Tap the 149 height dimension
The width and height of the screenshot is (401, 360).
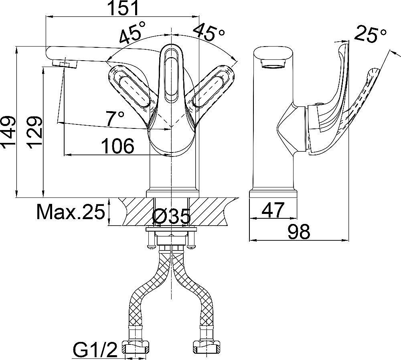pyautogui.click(x=8, y=132)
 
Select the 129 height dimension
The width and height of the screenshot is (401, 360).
pyautogui.click(x=34, y=132)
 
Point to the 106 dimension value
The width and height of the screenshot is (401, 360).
pyautogui.click(x=117, y=146)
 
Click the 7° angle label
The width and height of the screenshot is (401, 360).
pyautogui.click(x=115, y=119)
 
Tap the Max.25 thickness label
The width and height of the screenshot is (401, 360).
pyautogui.click(x=71, y=212)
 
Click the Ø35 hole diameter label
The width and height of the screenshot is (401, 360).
pyautogui.click(x=171, y=216)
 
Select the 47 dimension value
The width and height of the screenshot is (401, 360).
pyautogui.click(x=273, y=210)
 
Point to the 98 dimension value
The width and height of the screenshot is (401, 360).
pyautogui.click(x=299, y=232)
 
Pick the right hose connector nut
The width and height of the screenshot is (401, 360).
pyautogui.click(x=206, y=347)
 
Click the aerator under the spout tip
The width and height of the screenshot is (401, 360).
pyautogui.click(x=65, y=63)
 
